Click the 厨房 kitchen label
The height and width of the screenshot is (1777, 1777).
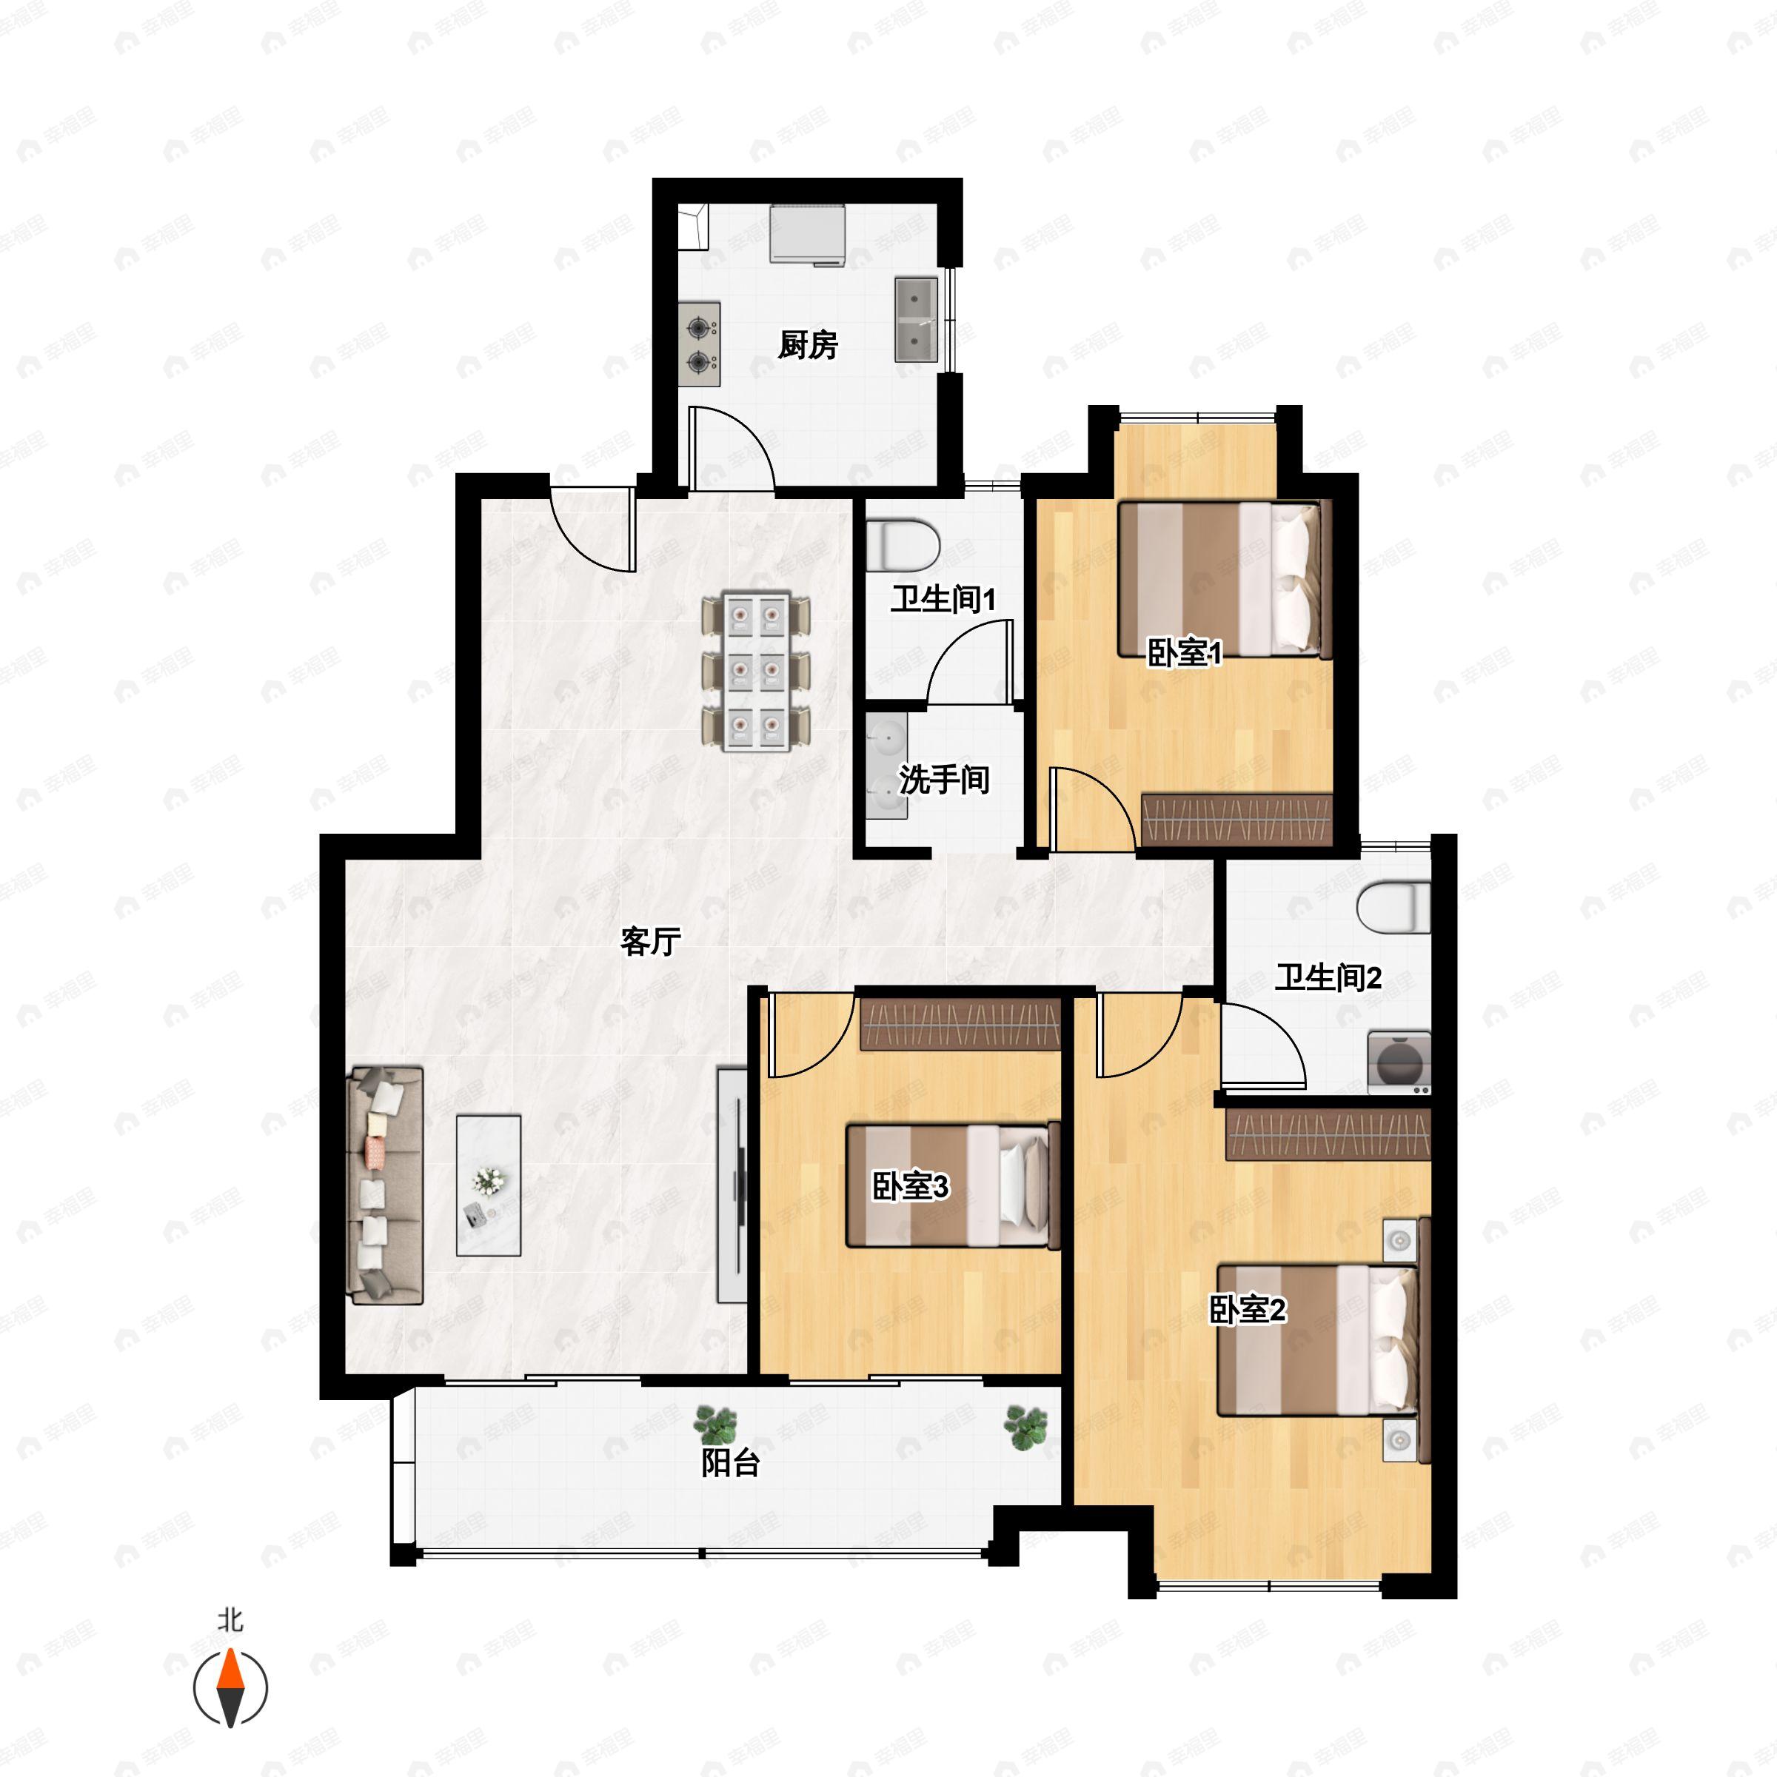click(x=808, y=345)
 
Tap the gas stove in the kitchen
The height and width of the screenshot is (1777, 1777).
click(x=699, y=343)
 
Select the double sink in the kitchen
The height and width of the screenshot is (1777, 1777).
click(x=916, y=319)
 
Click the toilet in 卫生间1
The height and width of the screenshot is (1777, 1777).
click(x=903, y=544)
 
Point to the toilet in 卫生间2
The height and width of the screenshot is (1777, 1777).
click(x=1394, y=907)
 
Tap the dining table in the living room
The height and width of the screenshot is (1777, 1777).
click(x=756, y=672)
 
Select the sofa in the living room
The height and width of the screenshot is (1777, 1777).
click(x=385, y=1185)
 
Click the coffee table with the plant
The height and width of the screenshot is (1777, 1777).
click(x=489, y=1185)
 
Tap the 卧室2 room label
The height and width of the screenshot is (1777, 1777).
click(x=1247, y=1310)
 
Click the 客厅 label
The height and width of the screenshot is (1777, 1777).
click(x=650, y=941)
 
